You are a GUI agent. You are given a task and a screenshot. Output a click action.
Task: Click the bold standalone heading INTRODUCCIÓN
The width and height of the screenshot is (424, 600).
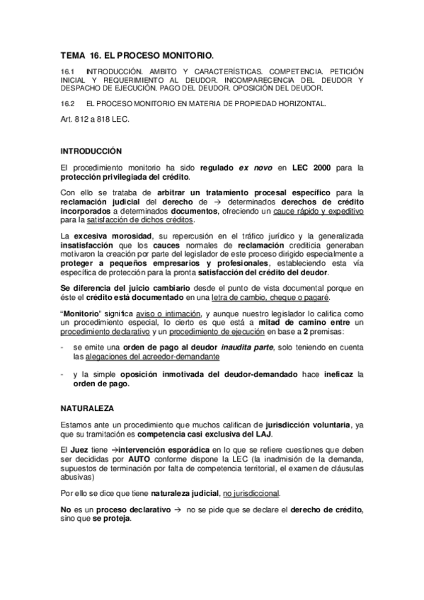pos(92,151)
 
